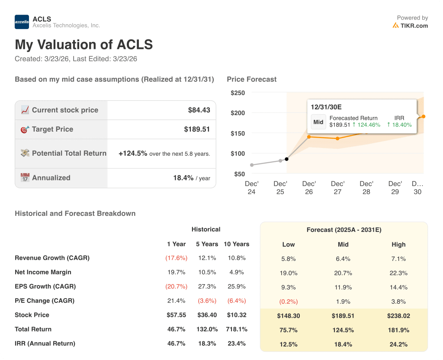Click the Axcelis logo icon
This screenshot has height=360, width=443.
pos(22,22)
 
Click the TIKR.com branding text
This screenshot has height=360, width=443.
pos(414,26)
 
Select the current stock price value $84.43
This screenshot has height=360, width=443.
pos(199,110)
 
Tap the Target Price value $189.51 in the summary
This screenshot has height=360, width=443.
pos(197,129)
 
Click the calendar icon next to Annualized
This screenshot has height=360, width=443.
pos(25,178)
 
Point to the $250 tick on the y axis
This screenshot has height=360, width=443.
pos(238,93)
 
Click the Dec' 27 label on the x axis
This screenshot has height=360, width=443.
pos(337,187)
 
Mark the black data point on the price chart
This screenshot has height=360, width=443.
pos(287,159)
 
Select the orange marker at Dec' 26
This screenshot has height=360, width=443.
pos(309,137)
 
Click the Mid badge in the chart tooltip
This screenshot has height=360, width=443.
pos(318,122)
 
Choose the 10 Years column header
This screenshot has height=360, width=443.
pos(236,244)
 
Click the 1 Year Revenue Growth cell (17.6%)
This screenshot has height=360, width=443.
pos(176,258)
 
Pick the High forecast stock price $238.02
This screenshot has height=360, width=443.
pos(398,316)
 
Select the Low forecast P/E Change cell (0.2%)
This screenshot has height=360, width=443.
pos(288,302)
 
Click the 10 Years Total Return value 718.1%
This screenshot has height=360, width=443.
pos(236,329)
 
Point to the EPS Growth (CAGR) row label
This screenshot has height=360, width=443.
pos(45,286)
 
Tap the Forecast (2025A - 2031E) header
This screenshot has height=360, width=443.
pos(343,230)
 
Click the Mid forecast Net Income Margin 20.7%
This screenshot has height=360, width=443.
pos(343,273)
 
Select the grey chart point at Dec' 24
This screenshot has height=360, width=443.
pos(252,165)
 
